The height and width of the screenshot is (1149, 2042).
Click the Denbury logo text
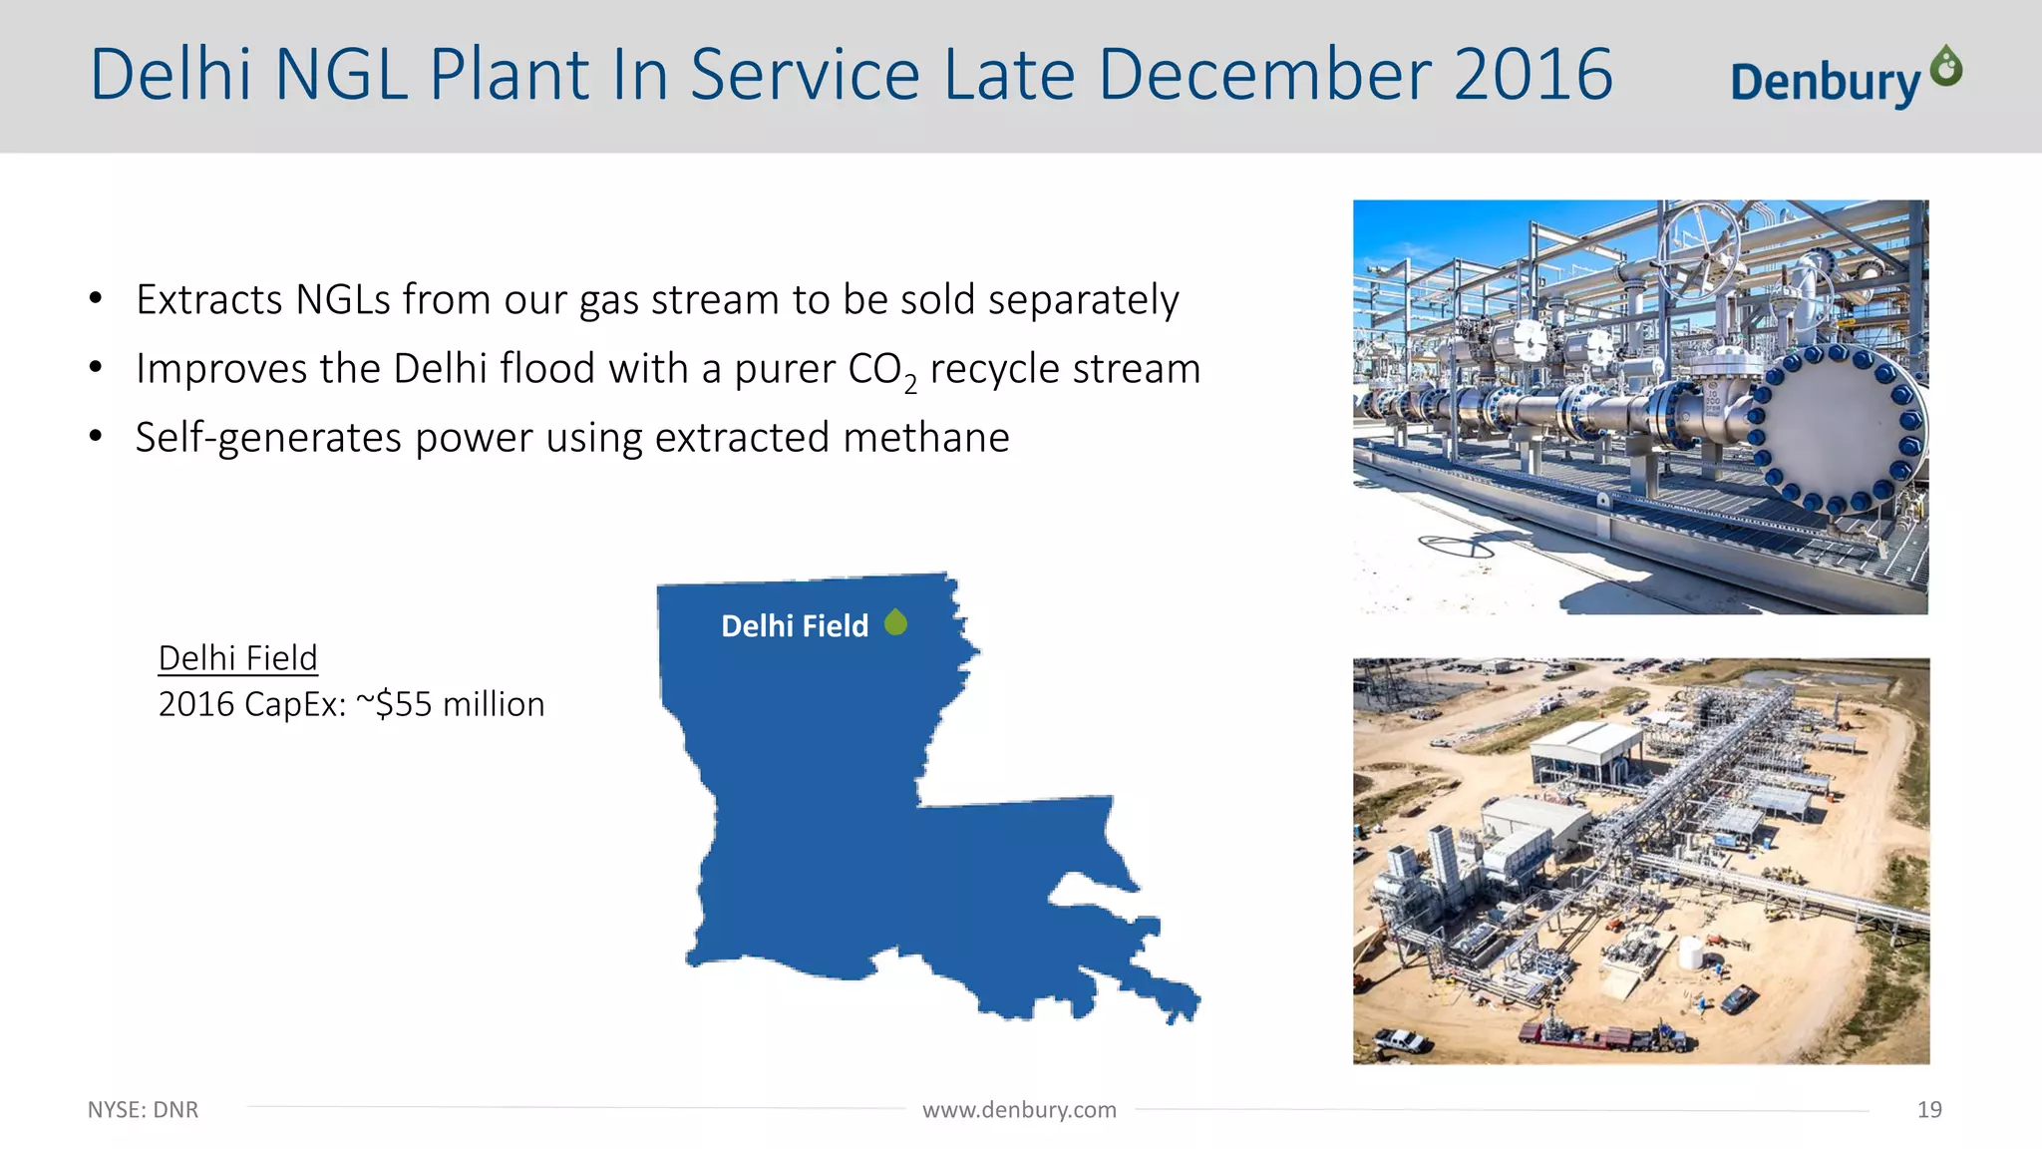click(x=1825, y=82)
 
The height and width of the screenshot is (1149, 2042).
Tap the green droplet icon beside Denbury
click(x=1946, y=67)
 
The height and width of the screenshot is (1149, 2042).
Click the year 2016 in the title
click(x=1532, y=74)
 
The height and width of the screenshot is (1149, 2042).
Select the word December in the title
click(x=1264, y=74)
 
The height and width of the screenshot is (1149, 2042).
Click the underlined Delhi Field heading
click(x=237, y=658)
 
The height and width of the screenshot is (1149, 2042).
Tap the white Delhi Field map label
click(x=795, y=625)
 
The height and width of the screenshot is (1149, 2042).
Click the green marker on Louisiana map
click(x=896, y=622)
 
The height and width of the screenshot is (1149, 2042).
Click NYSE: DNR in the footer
click(x=143, y=1109)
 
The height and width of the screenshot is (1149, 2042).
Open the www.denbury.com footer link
click(x=1019, y=1109)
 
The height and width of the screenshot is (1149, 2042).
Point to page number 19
click(x=1928, y=1109)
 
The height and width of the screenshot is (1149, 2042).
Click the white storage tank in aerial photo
click(x=1691, y=954)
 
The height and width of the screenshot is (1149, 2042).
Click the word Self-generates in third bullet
click(x=268, y=437)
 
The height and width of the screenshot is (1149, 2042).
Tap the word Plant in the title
click(x=510, y=74)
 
